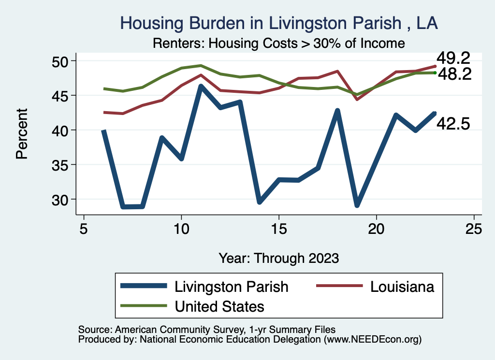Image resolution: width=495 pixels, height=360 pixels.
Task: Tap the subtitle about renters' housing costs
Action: [278, 43]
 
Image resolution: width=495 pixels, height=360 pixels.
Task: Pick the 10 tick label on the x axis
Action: [181, 229]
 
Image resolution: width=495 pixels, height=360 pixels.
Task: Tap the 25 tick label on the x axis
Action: [474, 229]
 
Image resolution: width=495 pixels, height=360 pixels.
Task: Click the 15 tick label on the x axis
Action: [279, 229]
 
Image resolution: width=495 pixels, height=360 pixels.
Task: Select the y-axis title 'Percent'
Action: [21, 134]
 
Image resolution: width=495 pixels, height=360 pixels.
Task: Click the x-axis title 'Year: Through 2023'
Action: [278, 258]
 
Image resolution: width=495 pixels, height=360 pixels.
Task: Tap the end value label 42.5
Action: [453, 124]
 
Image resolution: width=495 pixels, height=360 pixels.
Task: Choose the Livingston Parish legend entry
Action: [231, 287]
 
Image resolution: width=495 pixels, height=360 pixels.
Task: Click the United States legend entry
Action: [219, 306]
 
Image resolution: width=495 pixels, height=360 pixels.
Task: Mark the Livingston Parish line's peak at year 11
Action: [201, 86]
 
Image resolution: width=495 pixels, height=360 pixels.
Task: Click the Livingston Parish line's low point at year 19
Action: [357, 205]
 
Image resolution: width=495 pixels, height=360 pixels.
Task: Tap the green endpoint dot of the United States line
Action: [435, 72]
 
